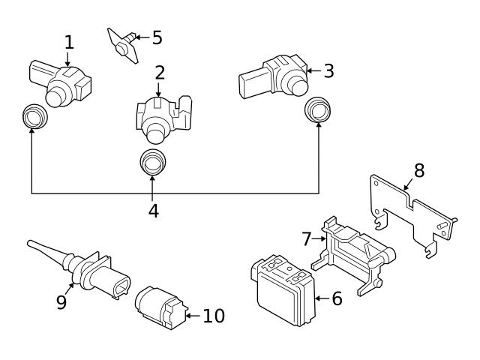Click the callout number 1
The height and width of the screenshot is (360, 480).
point(69,42)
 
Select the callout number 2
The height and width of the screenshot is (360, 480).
point(159,73)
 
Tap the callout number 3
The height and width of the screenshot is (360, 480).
point(328,71)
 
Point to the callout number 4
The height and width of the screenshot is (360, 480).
point(153,211)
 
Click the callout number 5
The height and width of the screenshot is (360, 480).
point(157,35)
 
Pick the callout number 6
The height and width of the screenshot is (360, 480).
point(337,298)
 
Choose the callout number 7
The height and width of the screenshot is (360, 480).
point(306,239)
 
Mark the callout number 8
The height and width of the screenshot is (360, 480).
point(418,170)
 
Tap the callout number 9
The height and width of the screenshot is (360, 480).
point(61,301)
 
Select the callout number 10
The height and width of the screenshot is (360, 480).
point(214,316)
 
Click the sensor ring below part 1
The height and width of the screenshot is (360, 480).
point(32,115)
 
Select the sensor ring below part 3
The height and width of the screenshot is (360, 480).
point(318,110)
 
